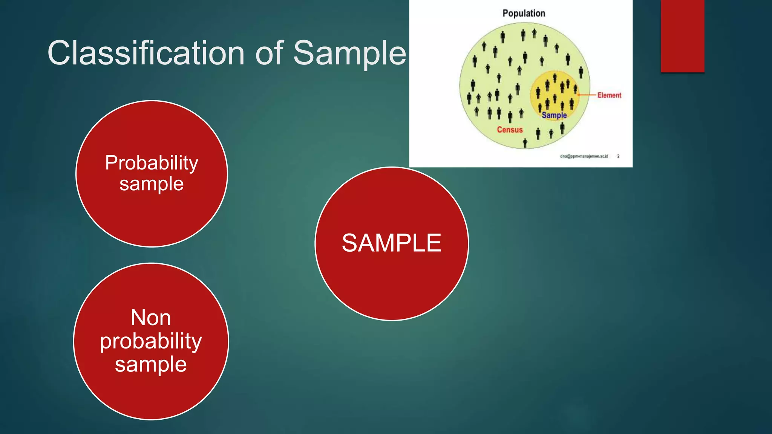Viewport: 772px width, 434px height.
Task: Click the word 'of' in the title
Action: tap(269, 53)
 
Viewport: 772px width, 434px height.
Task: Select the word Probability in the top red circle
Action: tap(152, 163)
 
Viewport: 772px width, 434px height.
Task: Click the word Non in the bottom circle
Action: tap(151, 317)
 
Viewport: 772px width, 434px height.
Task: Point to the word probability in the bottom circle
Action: tap(151, 341)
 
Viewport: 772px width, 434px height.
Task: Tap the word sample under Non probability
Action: tap(151, 364)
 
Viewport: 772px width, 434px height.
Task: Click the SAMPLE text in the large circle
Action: tap(391, 243)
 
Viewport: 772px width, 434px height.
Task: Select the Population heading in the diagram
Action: tap(524, 14)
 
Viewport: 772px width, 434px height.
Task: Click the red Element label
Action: tap(609, 95)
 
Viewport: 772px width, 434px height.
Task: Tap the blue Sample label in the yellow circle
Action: tap(554, 115)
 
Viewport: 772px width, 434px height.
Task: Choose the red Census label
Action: tap(510, 130)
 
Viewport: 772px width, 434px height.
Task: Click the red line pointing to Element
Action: tap(587, 95)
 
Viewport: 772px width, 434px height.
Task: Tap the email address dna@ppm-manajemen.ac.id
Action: tap(584, 156)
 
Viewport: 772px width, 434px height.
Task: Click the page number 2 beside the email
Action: tap(618, 156)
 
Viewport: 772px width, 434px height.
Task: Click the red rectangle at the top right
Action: tap(682, 36)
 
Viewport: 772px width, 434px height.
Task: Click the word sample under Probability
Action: tap(152, 184)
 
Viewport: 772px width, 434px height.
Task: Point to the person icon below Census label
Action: tap(525, 143)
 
